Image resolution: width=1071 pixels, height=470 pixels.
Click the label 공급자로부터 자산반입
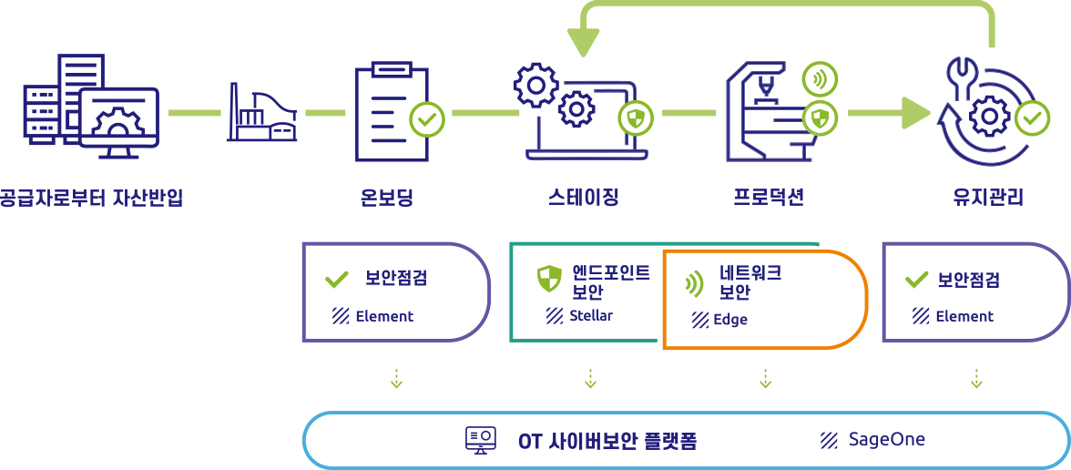coord(91,197)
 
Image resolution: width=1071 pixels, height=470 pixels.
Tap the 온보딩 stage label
coord(386,197)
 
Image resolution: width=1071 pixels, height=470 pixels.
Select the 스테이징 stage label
coord(584,197)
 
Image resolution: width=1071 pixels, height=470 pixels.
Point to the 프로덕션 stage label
coord(769,197)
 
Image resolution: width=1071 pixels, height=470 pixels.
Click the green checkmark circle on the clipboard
coord(427,118)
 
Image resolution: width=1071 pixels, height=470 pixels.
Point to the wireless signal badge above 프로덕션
coord(819,79)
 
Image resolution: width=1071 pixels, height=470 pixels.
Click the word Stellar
coord(590,316)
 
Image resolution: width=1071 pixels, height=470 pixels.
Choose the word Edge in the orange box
coord(730,320)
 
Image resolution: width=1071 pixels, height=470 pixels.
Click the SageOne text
coord(886,440)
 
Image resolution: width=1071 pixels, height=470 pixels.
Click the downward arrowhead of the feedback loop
coord(583,42)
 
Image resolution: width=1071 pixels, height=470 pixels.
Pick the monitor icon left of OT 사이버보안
coord(480,441)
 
